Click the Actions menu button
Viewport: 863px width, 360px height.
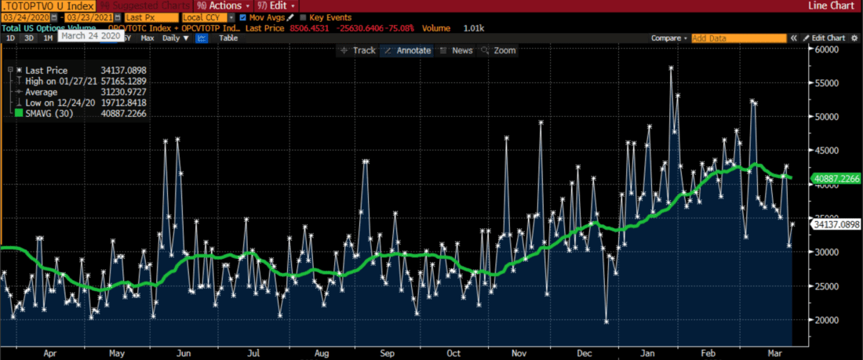228,5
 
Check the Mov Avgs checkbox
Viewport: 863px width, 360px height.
243,17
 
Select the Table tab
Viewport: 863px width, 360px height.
228,38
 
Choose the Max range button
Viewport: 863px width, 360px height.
147,38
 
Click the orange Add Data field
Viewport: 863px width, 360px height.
738,38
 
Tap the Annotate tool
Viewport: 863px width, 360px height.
407,50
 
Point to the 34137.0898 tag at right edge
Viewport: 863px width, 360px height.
836,224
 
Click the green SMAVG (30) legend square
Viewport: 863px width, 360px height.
19,114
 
